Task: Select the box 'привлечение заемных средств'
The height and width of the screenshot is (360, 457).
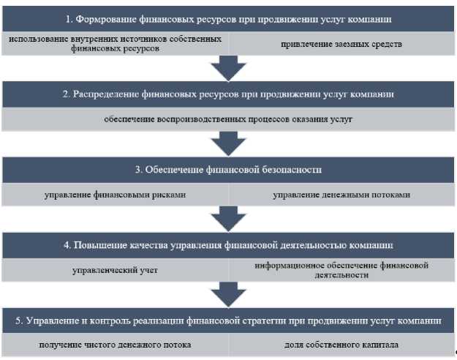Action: point(341,44)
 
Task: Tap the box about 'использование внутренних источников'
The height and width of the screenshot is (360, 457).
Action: point(116,44)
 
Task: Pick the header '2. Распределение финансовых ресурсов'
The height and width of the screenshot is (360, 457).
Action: point(228,94)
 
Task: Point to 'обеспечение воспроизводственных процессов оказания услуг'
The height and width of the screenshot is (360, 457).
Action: point(228,119)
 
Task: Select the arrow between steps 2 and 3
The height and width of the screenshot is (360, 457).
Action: point(228,143)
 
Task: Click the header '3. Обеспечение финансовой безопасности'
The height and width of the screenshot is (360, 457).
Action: point(228,170)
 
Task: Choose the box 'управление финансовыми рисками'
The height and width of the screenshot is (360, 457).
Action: point(116,195)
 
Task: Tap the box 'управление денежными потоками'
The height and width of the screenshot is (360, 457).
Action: point(341,195)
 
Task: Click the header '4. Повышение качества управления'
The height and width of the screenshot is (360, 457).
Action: point(228,244)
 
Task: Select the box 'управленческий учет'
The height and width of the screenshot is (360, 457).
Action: point(116,270)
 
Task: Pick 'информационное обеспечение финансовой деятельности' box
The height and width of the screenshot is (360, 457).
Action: point(341,270)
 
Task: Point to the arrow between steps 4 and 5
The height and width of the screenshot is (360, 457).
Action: point(228,294)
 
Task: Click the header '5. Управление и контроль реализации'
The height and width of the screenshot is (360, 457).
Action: point(228,320)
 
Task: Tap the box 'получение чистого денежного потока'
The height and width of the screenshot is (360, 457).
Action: point(116,345)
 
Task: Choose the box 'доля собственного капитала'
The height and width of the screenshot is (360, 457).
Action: point(341,345)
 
